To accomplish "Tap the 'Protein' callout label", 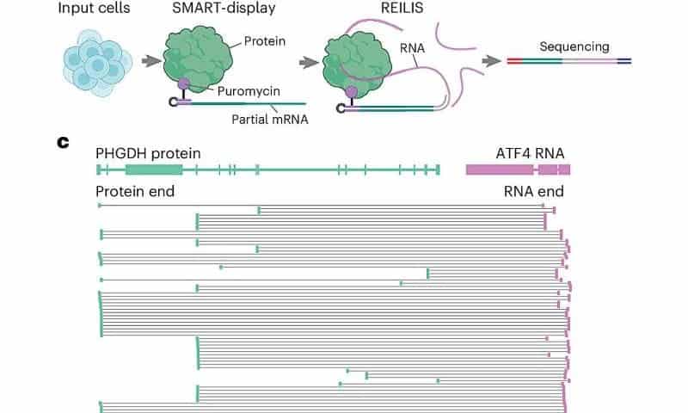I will click(x=263, y=40).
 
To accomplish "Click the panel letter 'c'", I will click(x=63, y=141).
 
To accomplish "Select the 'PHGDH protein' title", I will click(x=148, y=153).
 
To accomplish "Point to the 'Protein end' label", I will click(x=135, y=191).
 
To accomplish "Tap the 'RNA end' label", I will click(x=533, y=191).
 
